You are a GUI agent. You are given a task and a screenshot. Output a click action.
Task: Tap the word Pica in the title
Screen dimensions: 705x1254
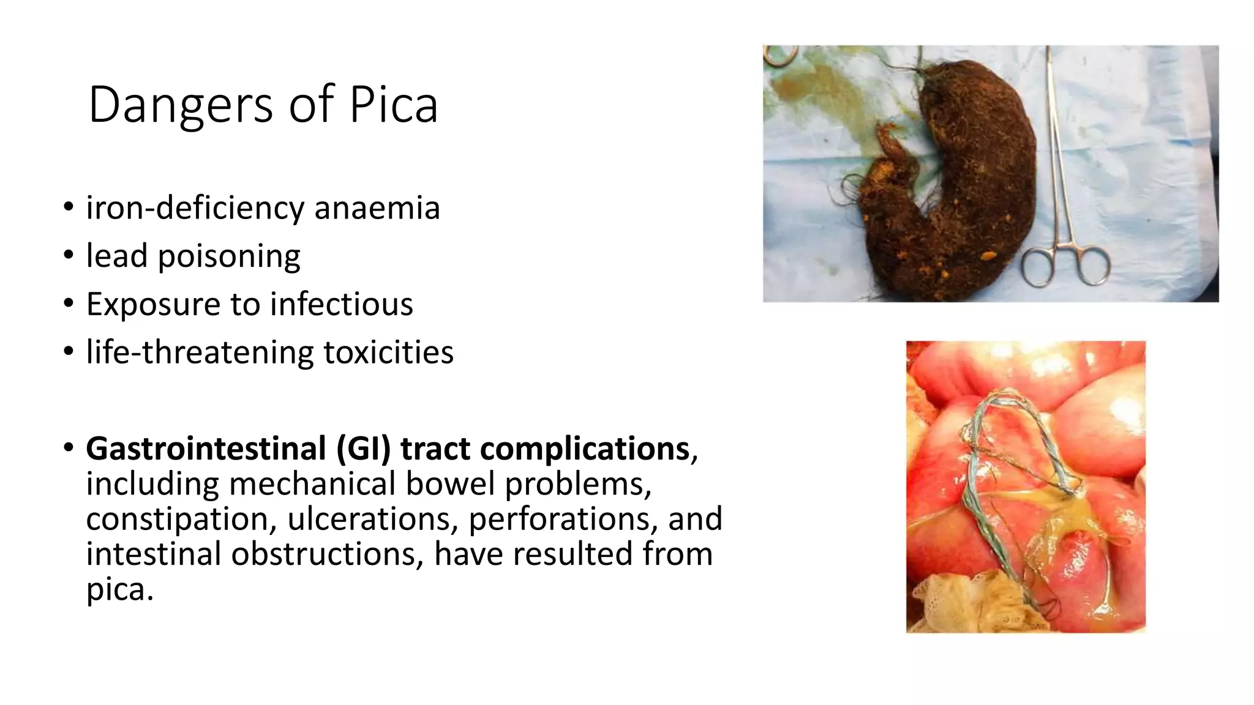tap(394, 105)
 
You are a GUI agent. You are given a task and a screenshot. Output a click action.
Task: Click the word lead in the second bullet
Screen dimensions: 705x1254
tap(116, 255)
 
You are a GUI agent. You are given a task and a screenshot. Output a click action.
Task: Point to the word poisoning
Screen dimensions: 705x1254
tap(229, 256)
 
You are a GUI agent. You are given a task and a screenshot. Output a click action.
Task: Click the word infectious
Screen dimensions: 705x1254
tap(341, 304)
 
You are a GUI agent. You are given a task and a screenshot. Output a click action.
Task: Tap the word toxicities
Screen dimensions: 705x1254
tap(388, 352)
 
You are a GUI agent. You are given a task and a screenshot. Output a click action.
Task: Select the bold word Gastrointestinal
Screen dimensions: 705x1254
tap(206, 449)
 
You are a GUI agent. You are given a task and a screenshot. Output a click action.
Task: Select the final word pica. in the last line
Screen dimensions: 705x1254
tap(119, 589)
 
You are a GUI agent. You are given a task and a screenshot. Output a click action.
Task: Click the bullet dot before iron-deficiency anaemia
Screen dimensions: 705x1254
tap(69, 207)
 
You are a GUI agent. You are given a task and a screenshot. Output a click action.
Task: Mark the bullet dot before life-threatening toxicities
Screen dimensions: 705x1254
tap(69, 352)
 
